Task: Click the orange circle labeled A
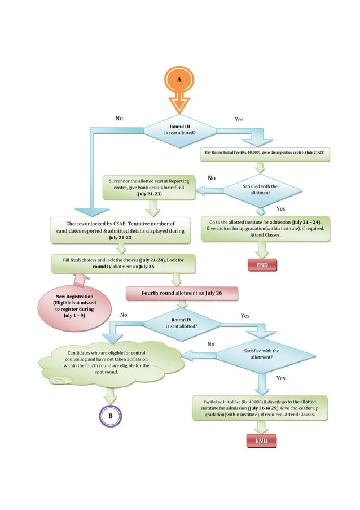tap(179, 80)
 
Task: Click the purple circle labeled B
tap(111, 416)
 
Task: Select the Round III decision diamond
tap(179, 129)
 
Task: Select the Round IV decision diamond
tap(181, 323)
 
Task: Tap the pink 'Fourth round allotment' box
tap(182, 294)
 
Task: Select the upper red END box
tap(262, 265)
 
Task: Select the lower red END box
tap(261, 441)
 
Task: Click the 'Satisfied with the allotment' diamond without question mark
tap(260, 190)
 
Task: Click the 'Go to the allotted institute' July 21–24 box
tap(265, 229)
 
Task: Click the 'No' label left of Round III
tap(119, 119)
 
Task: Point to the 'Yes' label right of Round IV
tap(245, 316)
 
